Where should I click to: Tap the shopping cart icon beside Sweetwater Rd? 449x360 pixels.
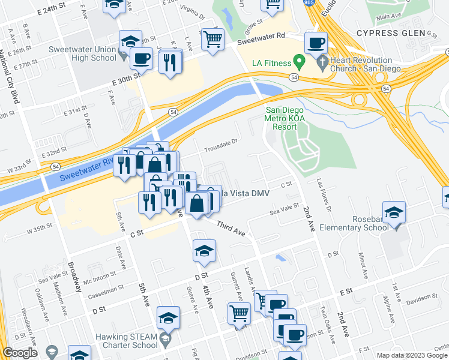[x=212, y=40]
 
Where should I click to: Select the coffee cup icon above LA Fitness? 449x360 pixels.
[x=316, y=43]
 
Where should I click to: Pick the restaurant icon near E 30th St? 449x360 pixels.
[x=170, y=62]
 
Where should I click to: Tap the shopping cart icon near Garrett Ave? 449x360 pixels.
[x=239, y=313]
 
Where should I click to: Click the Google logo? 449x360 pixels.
[x=20, y=353]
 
